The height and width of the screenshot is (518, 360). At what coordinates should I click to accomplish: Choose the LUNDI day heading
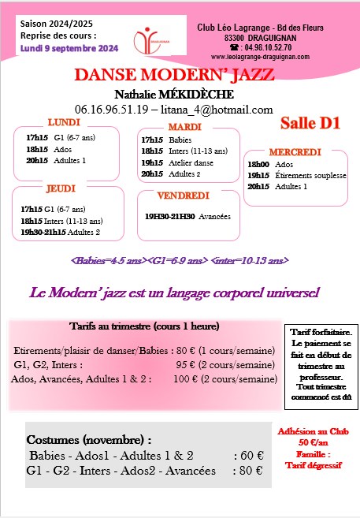(x=64, y=123)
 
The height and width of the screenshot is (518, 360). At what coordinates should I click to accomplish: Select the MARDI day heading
(x=185, y=127)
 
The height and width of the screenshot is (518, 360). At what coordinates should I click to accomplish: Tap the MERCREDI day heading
(x=295, y=151)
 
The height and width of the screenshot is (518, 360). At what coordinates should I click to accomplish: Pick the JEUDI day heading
(x=60, y=190)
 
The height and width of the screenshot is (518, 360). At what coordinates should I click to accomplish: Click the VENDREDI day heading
(x=183, y=196)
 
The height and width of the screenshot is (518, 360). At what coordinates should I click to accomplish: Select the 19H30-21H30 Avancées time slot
(x=187, y=215)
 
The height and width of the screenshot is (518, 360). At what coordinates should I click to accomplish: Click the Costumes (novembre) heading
(x=89, y=439)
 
